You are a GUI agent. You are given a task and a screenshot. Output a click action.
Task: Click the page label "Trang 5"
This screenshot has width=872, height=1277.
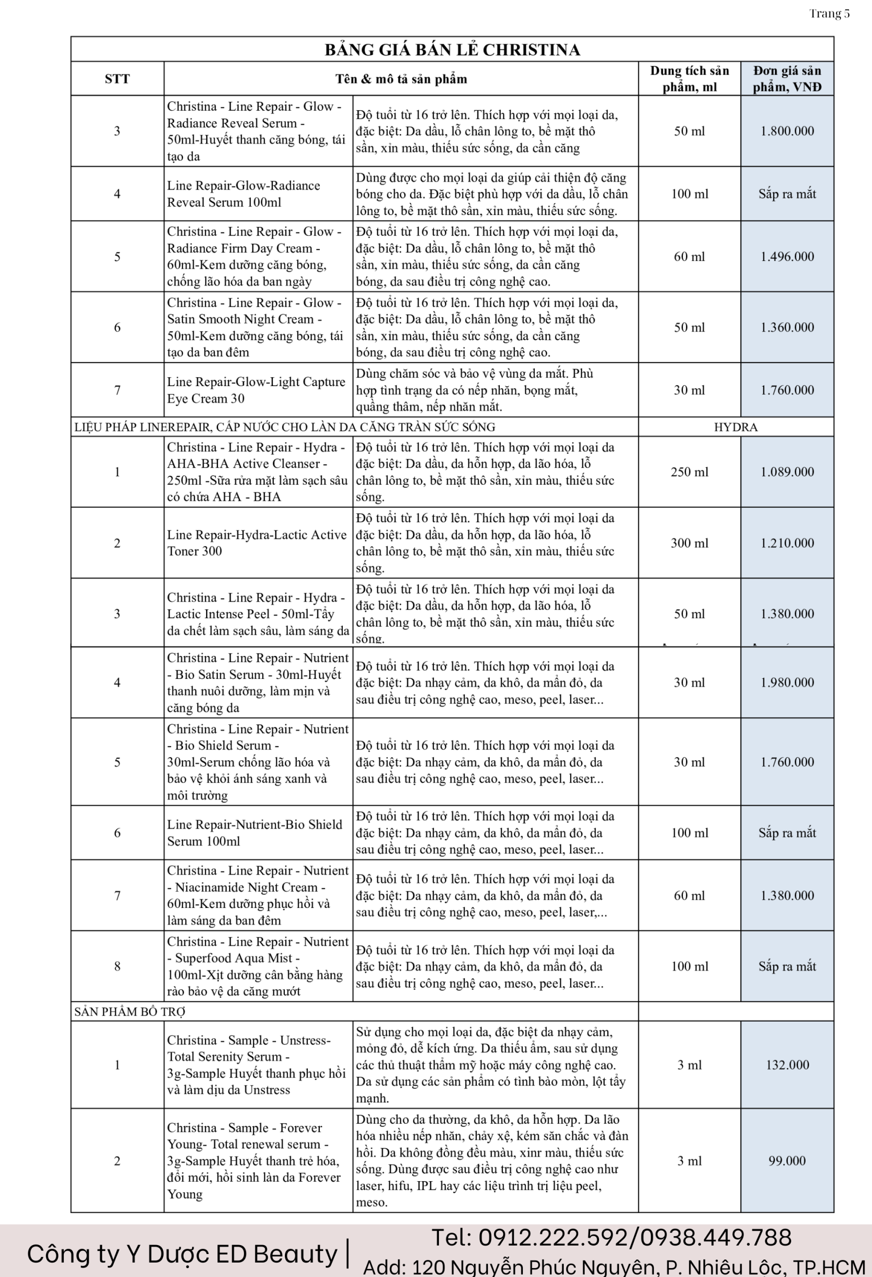[x=829, y=14]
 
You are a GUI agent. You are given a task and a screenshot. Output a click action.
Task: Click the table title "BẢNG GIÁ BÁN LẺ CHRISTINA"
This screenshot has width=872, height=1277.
[x=451, y=50]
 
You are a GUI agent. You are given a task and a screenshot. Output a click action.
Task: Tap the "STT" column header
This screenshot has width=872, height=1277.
[x=117, y=79]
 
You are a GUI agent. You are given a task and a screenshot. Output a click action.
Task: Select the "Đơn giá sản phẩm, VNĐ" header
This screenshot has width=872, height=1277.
[x=787, y=79]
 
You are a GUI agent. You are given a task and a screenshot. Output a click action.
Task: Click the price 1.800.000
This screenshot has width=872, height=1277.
[x=787, y=131]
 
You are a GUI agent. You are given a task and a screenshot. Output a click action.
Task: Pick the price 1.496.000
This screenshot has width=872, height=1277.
[x=787, y=256]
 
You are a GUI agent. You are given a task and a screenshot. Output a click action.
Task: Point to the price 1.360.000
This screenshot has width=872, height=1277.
[x=787, y=328]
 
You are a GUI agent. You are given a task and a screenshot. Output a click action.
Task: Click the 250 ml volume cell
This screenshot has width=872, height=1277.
[x=689, y=472]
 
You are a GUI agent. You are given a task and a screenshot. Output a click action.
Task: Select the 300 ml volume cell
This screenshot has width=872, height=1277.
[x=689, y=543]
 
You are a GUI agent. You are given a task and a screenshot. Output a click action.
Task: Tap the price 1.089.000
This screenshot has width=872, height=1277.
[x=787, y=472]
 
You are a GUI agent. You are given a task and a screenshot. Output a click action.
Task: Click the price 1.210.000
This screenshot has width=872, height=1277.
[x=787, y=543]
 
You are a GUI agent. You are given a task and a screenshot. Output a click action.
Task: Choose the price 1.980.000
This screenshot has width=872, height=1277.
[x=787, y=682]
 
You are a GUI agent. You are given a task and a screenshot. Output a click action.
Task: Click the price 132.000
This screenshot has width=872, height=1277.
[x=787, y=1065]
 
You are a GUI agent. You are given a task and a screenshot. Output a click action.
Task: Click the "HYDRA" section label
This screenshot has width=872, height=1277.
[x=735, y=427]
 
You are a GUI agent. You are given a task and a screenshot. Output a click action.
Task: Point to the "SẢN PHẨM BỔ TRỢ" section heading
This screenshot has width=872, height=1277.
[x=130, y=1012]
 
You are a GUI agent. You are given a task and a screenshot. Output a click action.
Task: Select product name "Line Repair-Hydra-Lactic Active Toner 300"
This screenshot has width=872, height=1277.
[x=256, y=543]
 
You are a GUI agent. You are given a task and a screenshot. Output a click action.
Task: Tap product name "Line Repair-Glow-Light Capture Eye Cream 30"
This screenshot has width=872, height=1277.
[x=256, y=390]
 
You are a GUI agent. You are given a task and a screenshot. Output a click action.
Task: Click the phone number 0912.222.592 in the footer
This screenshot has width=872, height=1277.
[x=553, y=1238]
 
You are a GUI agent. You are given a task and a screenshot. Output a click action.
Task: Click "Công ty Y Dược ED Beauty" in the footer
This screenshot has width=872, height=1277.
[x=182, y=1254]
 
